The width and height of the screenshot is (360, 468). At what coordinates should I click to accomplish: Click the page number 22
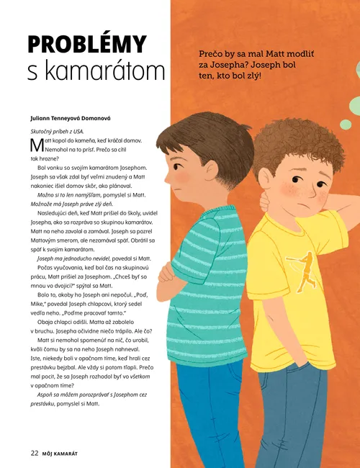click(x=34, y=452)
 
